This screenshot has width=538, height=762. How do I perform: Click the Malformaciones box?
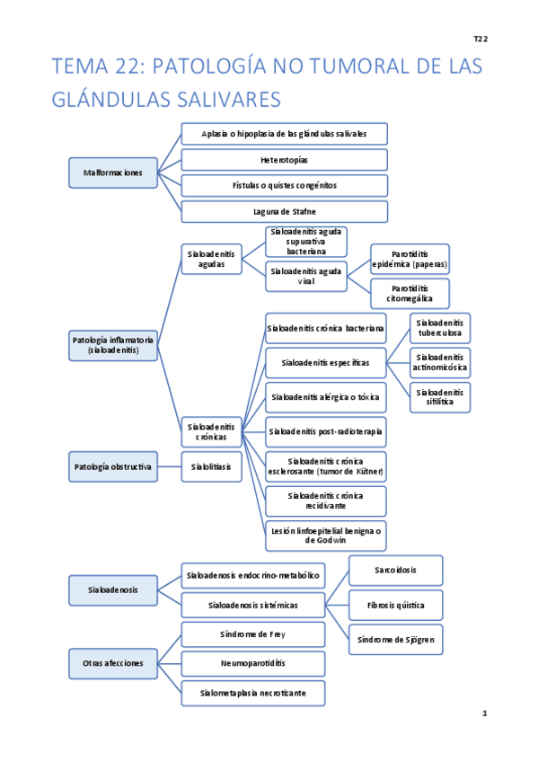tap(113, 173)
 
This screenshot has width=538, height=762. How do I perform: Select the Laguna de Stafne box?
tap(284, 212)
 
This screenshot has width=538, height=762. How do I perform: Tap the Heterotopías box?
tap(284, 160)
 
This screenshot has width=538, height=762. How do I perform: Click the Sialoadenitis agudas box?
tap(211, 260)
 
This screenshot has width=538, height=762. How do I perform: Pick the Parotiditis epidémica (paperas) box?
tap(410, 260)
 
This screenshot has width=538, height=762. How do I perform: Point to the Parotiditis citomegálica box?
tap(410, 294)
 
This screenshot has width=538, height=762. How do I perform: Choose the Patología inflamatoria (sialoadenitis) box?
tap(113, 345)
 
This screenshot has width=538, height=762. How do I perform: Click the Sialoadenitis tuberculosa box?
tap(440, 328)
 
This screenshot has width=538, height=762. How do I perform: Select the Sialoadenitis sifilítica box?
tap(440, 397)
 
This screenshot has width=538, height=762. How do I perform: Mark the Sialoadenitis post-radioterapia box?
tap(325, 432)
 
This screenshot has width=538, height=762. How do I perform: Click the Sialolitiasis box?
tap(211, 467)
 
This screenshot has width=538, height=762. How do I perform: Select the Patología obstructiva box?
tap(113, 467)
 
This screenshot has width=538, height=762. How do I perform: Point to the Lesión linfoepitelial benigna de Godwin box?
tap(325, 536)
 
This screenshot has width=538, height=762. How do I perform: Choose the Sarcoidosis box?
tap(395, 571)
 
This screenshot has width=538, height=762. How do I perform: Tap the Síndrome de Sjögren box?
tap(395, 639)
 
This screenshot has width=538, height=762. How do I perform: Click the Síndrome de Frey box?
tap(252, 634)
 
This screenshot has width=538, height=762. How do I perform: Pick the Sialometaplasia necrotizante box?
tap(252, 694)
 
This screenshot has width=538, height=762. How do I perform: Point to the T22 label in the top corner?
tap(481, 39)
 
